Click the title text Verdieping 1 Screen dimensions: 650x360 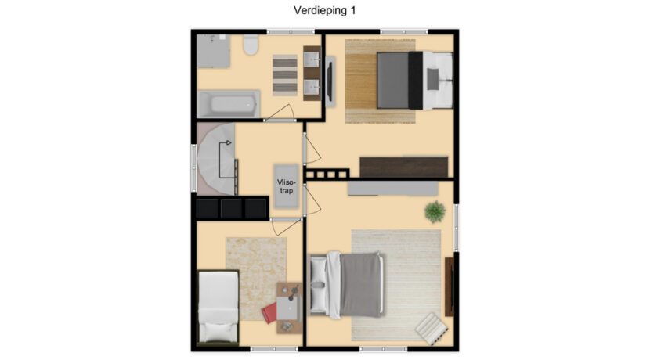pos(324,10)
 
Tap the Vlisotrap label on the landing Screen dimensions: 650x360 pos(287,186)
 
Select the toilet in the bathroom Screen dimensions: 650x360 pos(251,45)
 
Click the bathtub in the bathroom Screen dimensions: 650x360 pos(229,103)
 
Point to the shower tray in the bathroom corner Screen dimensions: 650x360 pos(213,51)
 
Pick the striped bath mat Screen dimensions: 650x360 pos(285,75)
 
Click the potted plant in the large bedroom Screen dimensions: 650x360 pos(435,211)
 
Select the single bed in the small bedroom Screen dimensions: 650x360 pos(218,307)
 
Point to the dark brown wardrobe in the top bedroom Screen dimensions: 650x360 pos(404,167)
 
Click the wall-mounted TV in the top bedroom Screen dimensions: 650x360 pos(330,81)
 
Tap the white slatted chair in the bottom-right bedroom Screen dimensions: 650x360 pos(432,329)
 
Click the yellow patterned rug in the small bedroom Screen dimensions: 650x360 pos(256,279)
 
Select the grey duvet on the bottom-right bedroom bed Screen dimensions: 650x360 pos(361,285)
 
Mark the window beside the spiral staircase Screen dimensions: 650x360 pos(193,167)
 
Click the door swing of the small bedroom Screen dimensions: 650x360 pos(286,227)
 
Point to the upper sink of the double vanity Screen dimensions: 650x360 pos(312,60)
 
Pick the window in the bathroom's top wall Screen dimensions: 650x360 pos(291,32)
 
